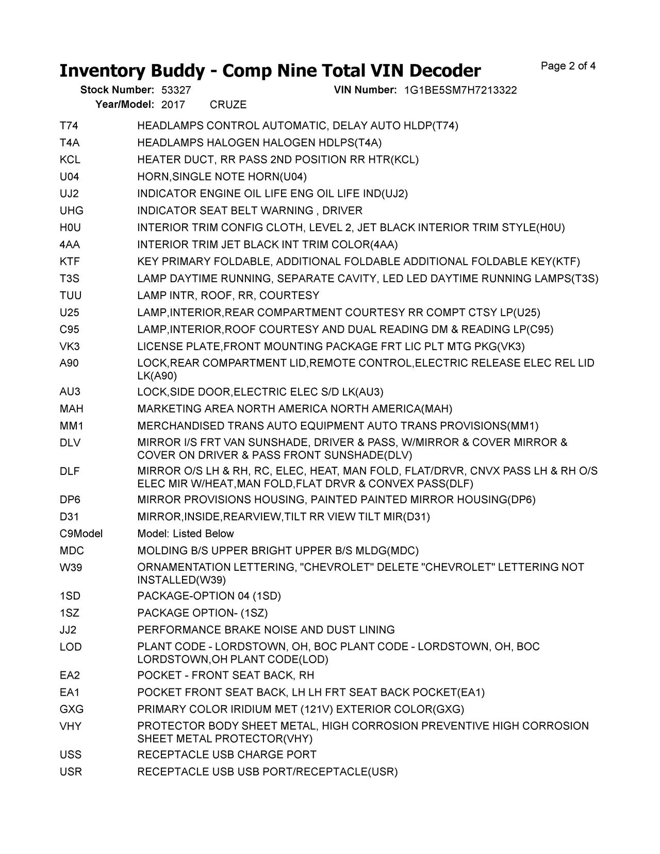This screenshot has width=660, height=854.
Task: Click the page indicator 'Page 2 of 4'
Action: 568,66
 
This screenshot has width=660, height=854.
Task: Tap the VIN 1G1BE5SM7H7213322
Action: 460,90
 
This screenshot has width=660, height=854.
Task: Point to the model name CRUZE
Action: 228,105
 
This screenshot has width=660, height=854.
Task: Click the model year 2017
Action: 173,105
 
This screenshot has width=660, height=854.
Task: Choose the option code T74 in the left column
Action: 69,126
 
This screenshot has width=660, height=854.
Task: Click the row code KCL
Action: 70,160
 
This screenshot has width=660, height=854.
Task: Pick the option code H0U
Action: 70,228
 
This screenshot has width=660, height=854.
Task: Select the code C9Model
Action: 81,534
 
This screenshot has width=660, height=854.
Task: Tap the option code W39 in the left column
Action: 71,568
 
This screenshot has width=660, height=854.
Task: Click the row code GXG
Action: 71,709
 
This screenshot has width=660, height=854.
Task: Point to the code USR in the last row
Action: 71,772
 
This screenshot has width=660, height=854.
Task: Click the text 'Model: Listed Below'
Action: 186,534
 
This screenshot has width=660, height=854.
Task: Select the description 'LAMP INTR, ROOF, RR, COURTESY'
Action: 228,295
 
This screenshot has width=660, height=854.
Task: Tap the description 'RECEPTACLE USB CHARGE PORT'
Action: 227,755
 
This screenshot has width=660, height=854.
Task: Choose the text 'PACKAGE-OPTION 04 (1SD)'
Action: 209,596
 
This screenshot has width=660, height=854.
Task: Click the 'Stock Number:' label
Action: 117,90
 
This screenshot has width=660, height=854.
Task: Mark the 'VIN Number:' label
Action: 365,90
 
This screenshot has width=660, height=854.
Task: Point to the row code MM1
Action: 71,426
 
